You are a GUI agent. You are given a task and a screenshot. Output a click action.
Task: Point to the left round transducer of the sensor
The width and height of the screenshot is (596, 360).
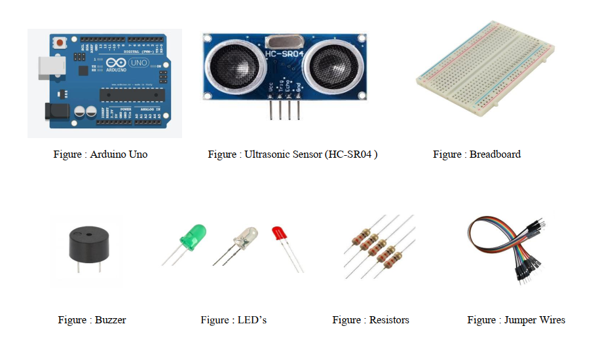[229, 67]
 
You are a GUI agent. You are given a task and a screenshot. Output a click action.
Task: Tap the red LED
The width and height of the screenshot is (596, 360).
[279, 234]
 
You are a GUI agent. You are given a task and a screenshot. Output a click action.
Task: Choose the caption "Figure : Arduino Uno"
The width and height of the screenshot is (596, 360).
[100, 154]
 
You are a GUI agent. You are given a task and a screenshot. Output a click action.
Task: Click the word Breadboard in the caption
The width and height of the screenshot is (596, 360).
[495, 154]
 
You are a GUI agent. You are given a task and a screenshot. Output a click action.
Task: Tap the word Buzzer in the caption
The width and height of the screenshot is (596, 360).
[110, 320]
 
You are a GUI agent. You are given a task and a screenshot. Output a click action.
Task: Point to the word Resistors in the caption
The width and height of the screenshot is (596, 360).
[389, 320]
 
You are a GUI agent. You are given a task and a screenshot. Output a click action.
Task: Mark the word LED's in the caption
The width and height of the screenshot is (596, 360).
[252, 320]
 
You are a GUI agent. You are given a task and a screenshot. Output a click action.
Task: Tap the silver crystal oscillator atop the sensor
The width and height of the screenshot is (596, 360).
[283, 41]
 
